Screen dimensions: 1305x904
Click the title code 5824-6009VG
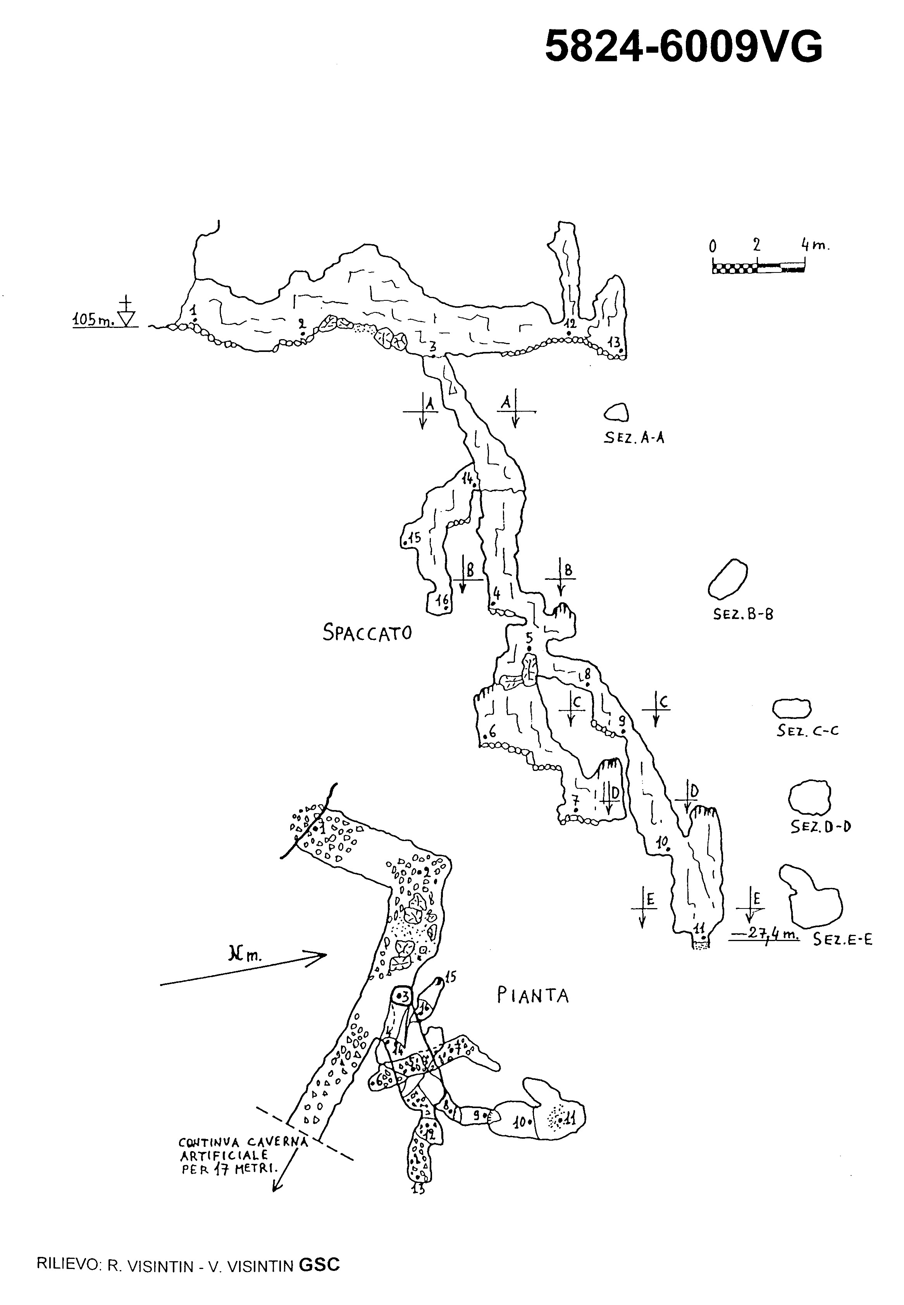pos(683,47)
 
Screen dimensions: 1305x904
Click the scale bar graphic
pos(758,268)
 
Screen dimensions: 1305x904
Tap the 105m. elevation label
pos(93,320)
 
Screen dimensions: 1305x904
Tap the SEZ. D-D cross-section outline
pos(810,799)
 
